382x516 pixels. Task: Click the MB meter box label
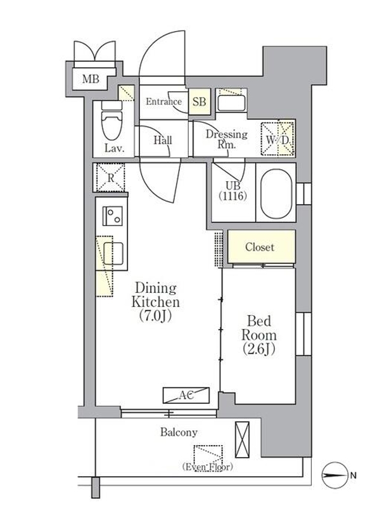(91, 79)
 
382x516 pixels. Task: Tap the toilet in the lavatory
(111, 121)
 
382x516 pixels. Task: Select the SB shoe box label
(199, 101)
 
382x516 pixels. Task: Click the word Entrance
(163, 101)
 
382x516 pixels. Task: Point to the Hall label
(163, 140)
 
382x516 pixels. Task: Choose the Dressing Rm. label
(227, 139)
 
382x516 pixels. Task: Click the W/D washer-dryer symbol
(278, 139)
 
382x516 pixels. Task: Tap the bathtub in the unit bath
(276, 194)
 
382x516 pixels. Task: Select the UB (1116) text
(232, 191)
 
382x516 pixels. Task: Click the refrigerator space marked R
(110, 177)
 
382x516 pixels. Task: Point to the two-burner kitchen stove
(112, 216)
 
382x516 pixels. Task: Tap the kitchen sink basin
(113, 253)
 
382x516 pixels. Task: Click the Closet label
(260, 247)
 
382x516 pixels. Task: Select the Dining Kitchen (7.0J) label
(155, 302)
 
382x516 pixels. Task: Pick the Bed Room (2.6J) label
(259, 335)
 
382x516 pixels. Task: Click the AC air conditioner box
(186, 395)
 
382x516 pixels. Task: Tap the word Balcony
(179, 432)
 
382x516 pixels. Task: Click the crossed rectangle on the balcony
(242, 439)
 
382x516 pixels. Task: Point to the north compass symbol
(334, 475)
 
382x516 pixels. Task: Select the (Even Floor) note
(207, 467)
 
